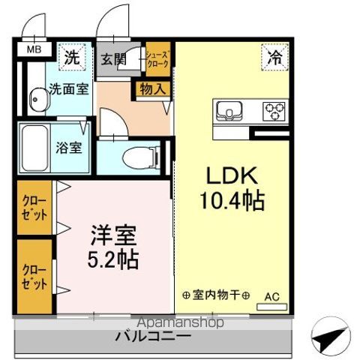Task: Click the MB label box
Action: [34, 50]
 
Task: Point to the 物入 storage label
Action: [152, 88]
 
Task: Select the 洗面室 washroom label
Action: [69, 88]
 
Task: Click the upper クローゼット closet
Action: [34, 208]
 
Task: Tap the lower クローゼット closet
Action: [34, 276]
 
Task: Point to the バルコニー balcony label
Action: [152, 337]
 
